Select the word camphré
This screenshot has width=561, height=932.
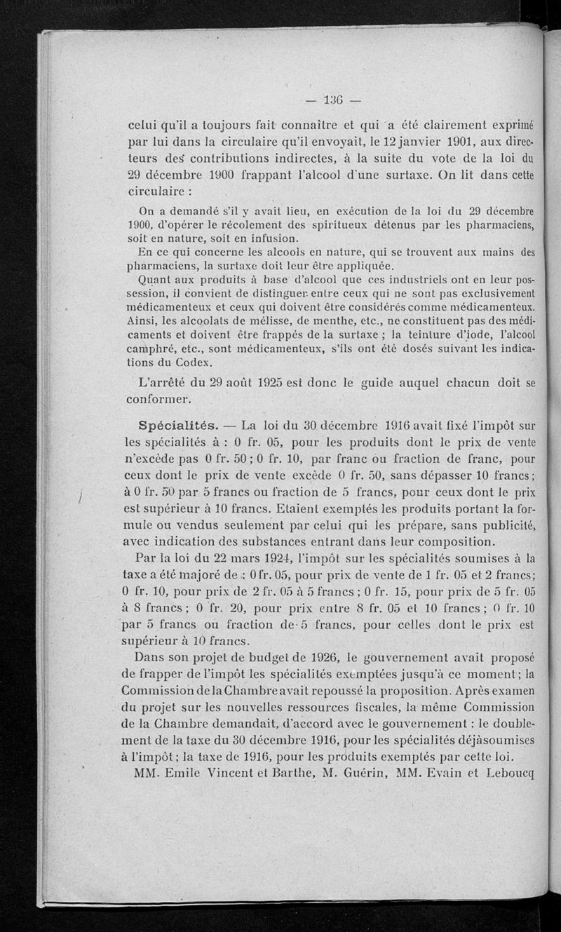[x=151, y=349]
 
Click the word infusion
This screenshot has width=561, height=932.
[x=264, y=238]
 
